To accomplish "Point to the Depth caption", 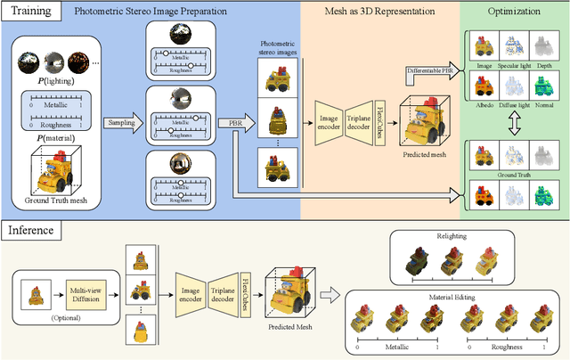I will tap(551, 64).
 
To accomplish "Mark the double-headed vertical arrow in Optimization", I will tap(513, 127).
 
